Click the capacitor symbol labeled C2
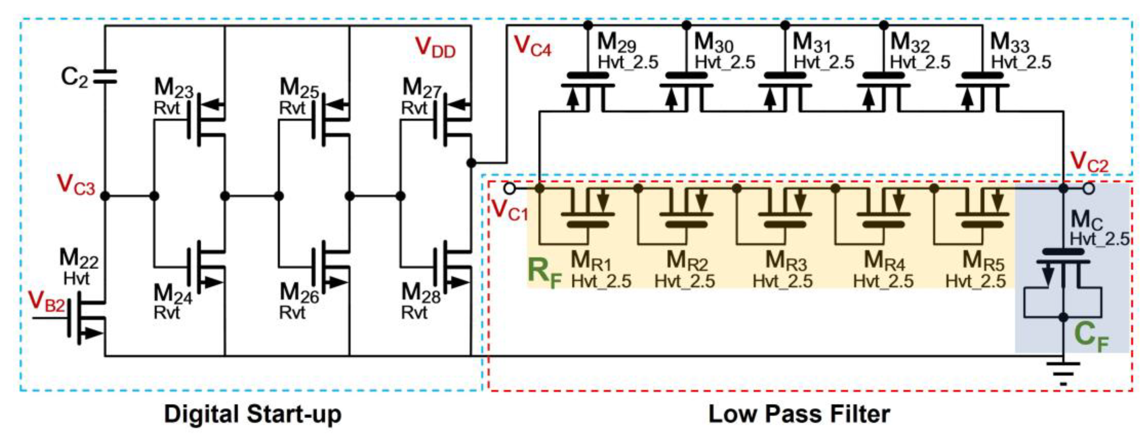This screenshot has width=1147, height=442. [105, 77]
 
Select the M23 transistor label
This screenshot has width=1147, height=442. [173, 88]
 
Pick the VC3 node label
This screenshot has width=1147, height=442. [76, 185]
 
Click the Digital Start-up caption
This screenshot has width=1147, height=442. [252, 414]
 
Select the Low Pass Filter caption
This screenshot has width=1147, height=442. [799, 414]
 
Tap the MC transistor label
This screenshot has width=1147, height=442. [1087, 220]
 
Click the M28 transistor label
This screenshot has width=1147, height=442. [420, 294]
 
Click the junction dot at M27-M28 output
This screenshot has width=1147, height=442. [471, 163]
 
